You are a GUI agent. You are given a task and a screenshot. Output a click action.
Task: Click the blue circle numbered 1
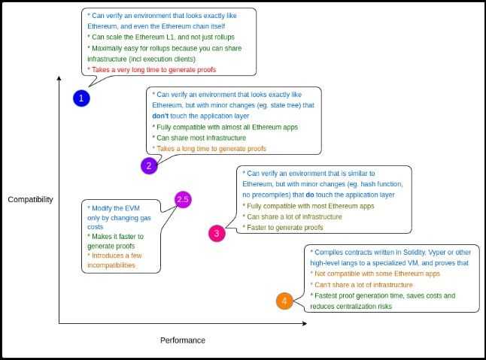pos(82,98)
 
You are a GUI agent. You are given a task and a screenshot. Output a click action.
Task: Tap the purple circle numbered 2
pos(149,166)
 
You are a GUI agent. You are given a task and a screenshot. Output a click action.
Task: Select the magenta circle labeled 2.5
pos(183,199)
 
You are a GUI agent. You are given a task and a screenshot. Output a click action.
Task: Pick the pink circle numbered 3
pos(217,233)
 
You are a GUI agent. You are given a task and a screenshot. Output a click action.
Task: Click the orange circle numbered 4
pos(284,301)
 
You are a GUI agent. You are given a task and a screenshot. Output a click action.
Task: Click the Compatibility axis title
pos(31,199)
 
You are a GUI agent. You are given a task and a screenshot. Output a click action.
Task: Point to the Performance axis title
pos(182,340)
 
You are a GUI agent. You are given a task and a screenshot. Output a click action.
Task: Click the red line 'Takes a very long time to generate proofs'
pos(152,70)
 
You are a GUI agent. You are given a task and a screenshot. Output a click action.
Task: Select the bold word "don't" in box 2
pos(159,116)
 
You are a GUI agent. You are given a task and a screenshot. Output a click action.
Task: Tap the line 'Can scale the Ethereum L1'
pos(161,37)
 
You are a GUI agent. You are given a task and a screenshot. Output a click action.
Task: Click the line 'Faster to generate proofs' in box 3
pos(283,227)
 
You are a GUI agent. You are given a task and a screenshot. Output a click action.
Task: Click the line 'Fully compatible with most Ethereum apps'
pos(308,205)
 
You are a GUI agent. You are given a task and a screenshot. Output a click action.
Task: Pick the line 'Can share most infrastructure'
pos(199,138)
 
